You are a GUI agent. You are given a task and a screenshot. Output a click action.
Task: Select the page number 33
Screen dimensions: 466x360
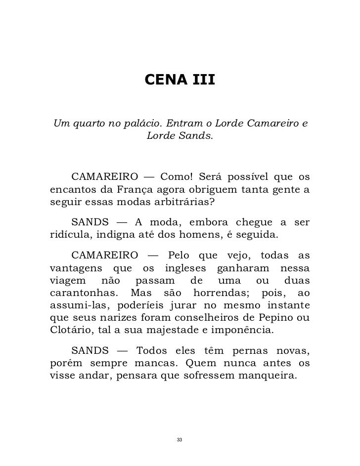coord(180,439)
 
